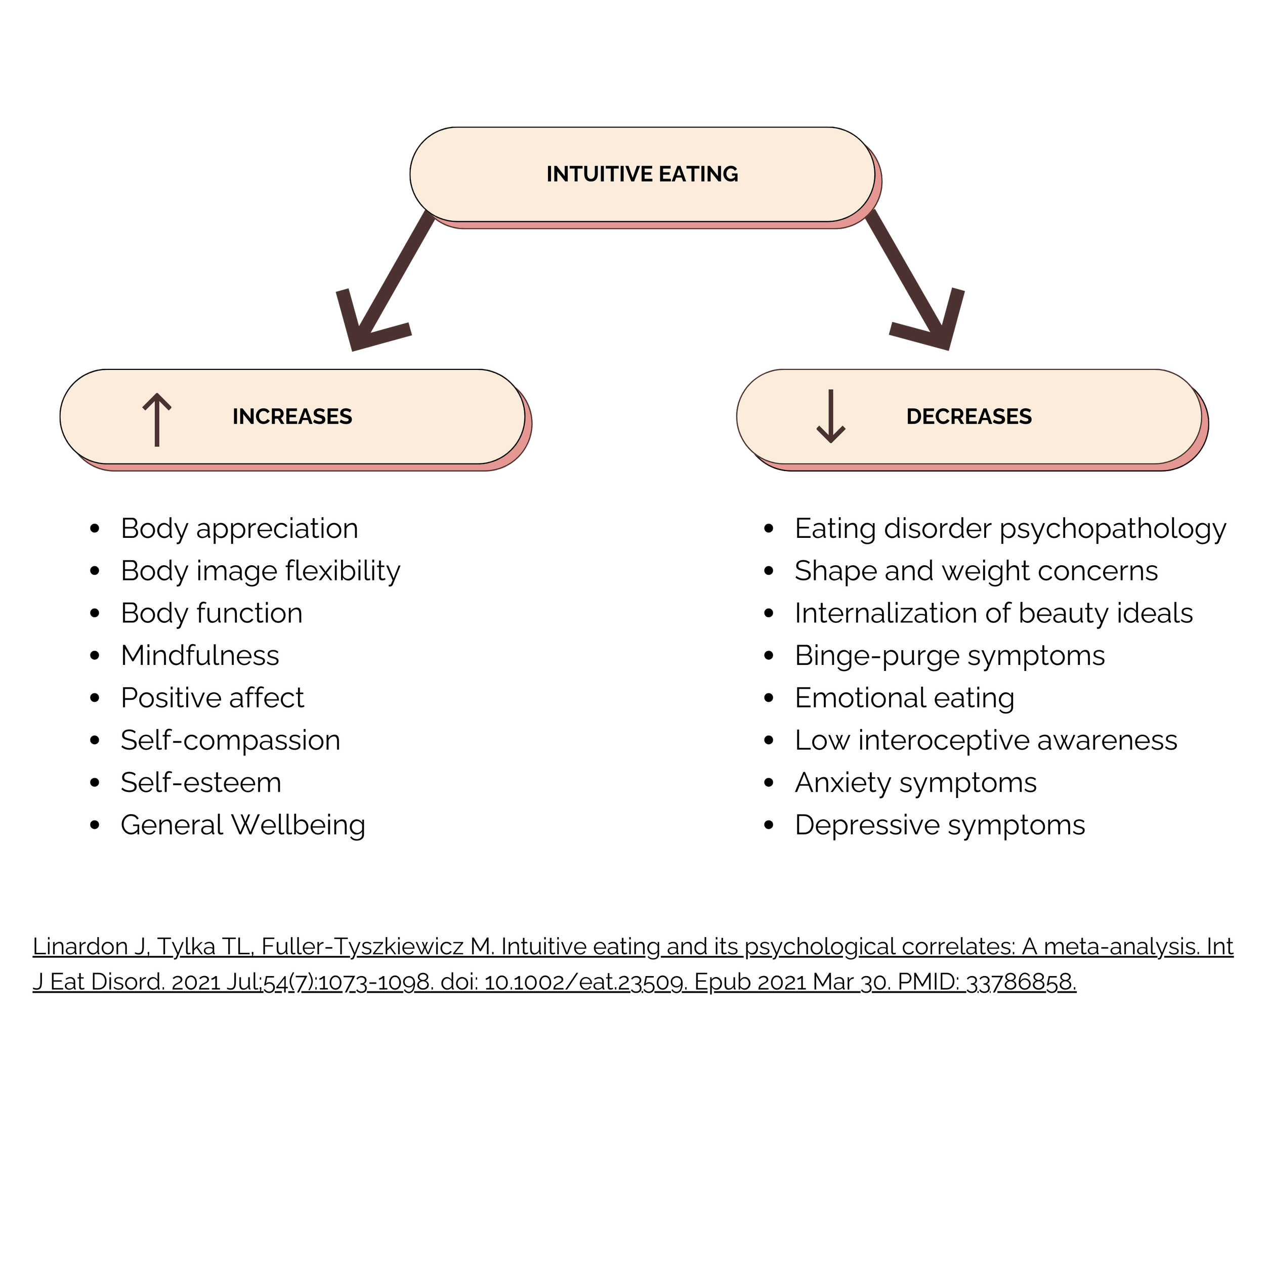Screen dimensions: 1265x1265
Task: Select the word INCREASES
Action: [x=292, y=416]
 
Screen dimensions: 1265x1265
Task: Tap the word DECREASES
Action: [x=968, y=416]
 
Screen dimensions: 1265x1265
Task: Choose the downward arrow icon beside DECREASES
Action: [x=831, y=416]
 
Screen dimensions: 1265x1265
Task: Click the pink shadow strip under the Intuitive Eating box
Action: [x=642, y=225]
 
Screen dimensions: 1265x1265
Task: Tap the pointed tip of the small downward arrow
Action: [x=831, y=442]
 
